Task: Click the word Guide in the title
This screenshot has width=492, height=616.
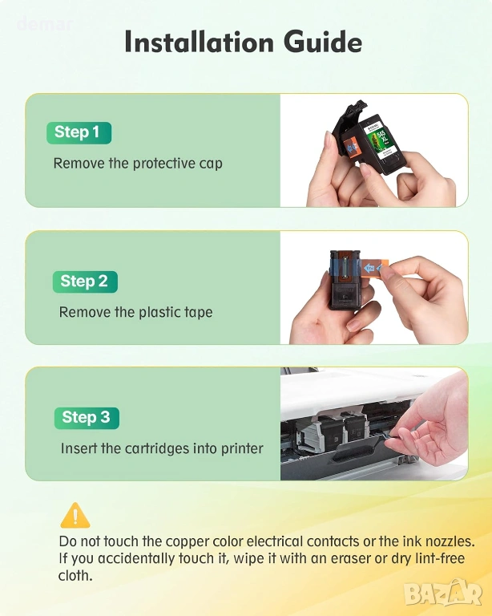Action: tap(323, 42)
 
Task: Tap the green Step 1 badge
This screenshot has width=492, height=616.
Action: tap(79, 133)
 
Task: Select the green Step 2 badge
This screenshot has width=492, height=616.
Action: tap(85, 282)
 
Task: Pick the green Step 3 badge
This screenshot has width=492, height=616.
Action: tap(87, 418)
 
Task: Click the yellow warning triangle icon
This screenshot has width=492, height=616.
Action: tap(75, 515)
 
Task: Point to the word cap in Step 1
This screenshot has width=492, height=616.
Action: tap(211, 164)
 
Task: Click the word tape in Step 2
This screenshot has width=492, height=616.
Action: tap(198, 312)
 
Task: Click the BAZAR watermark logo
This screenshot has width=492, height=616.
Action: tap(443, 592)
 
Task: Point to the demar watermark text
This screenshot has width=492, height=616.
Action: tap(45, 24)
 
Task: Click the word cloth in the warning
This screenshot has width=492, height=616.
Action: tap(75, 576)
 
